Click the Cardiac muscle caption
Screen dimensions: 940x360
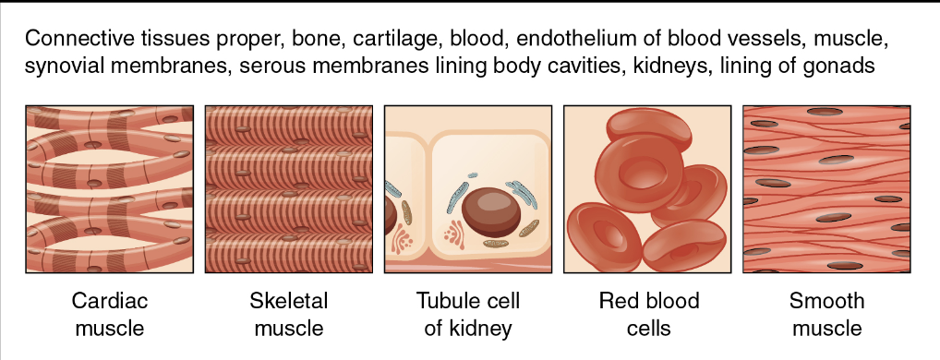click(x=110, y=314)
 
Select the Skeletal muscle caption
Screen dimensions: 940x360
click(x=289, y=314)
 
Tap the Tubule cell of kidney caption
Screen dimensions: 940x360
click(x=468, y=314)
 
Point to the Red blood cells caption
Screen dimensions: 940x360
click(x=648, y=314)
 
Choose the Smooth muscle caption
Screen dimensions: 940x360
click(x=826, y=314)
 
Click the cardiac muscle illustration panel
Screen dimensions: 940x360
click(x=110, y=189)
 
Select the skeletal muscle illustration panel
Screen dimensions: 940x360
click(x=289, y=189)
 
